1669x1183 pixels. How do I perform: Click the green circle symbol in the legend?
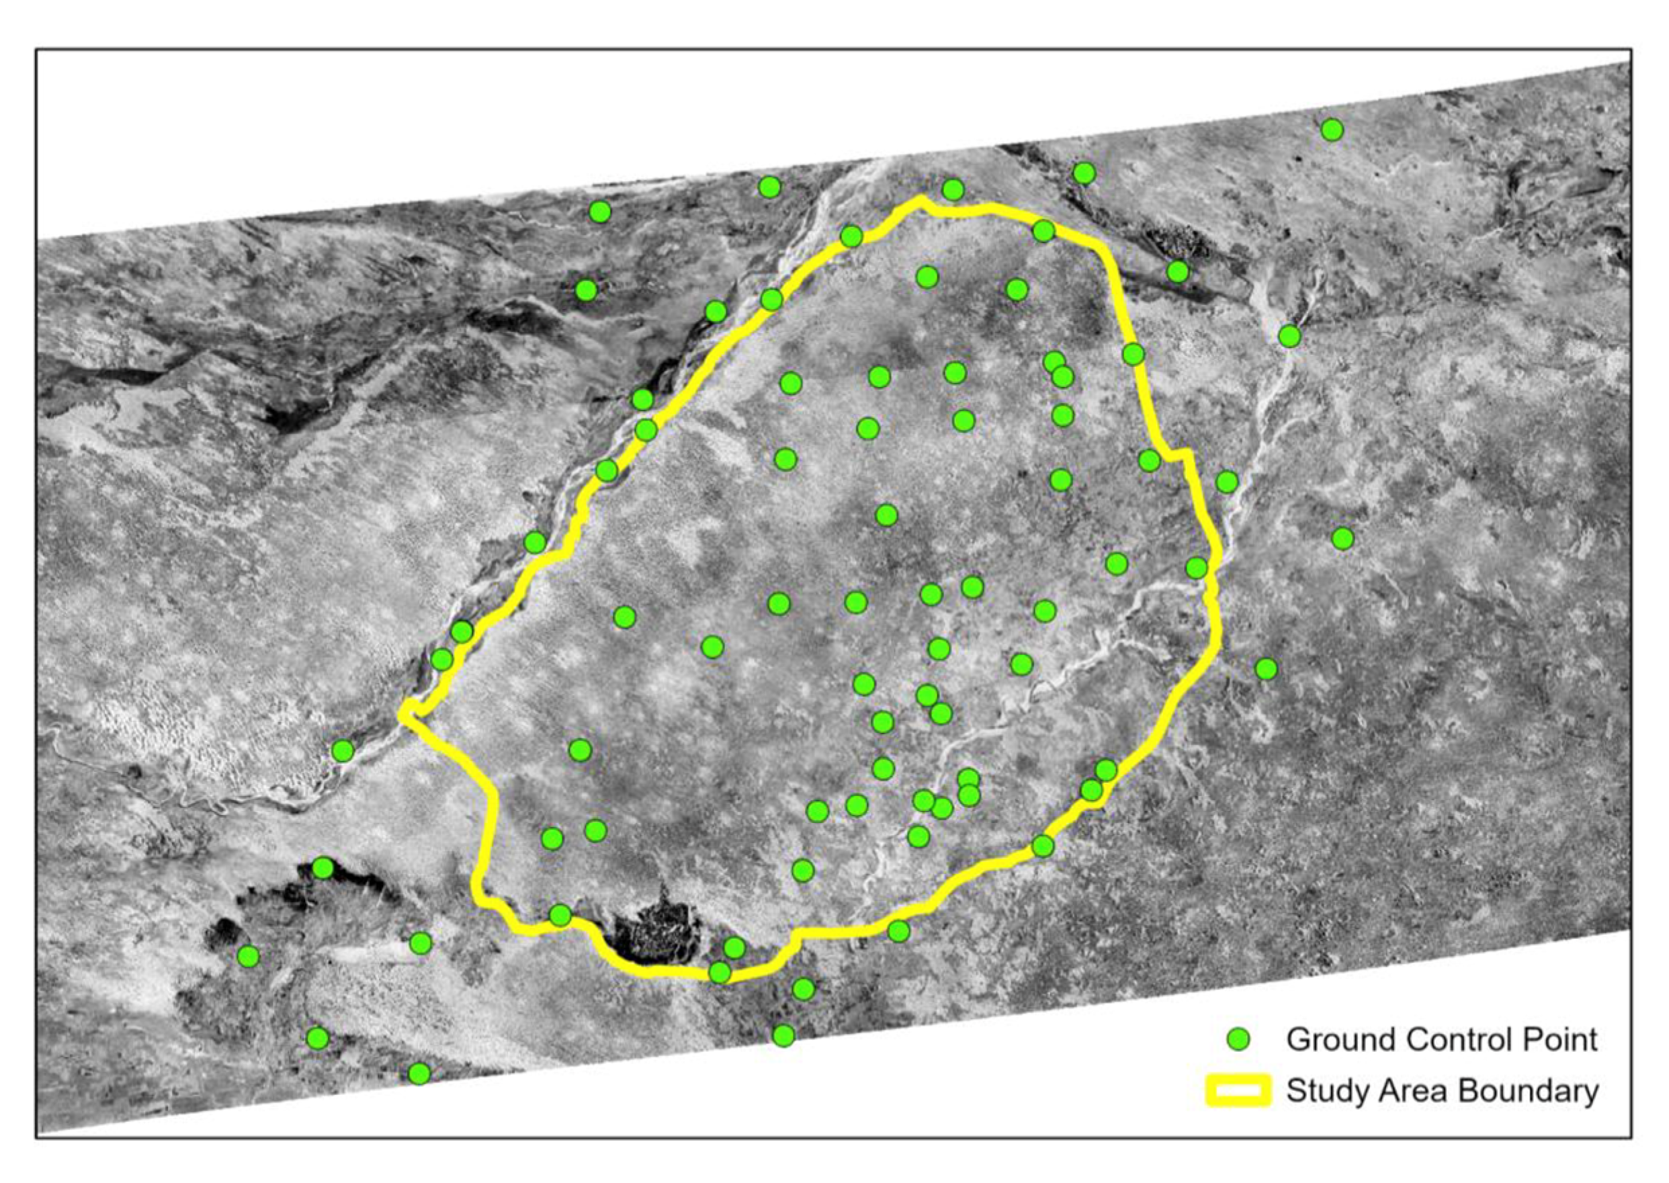point(1238,1039)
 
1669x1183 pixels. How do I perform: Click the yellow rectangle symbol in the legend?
point(1238,1091)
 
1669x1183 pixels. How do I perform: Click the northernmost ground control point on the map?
point(1332,130)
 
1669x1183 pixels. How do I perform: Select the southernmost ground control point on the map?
point(419,1073)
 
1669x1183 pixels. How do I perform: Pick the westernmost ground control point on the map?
point(249,957)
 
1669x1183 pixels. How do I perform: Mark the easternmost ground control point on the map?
point(1342,538)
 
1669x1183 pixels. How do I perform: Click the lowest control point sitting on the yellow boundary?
point(720,973)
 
